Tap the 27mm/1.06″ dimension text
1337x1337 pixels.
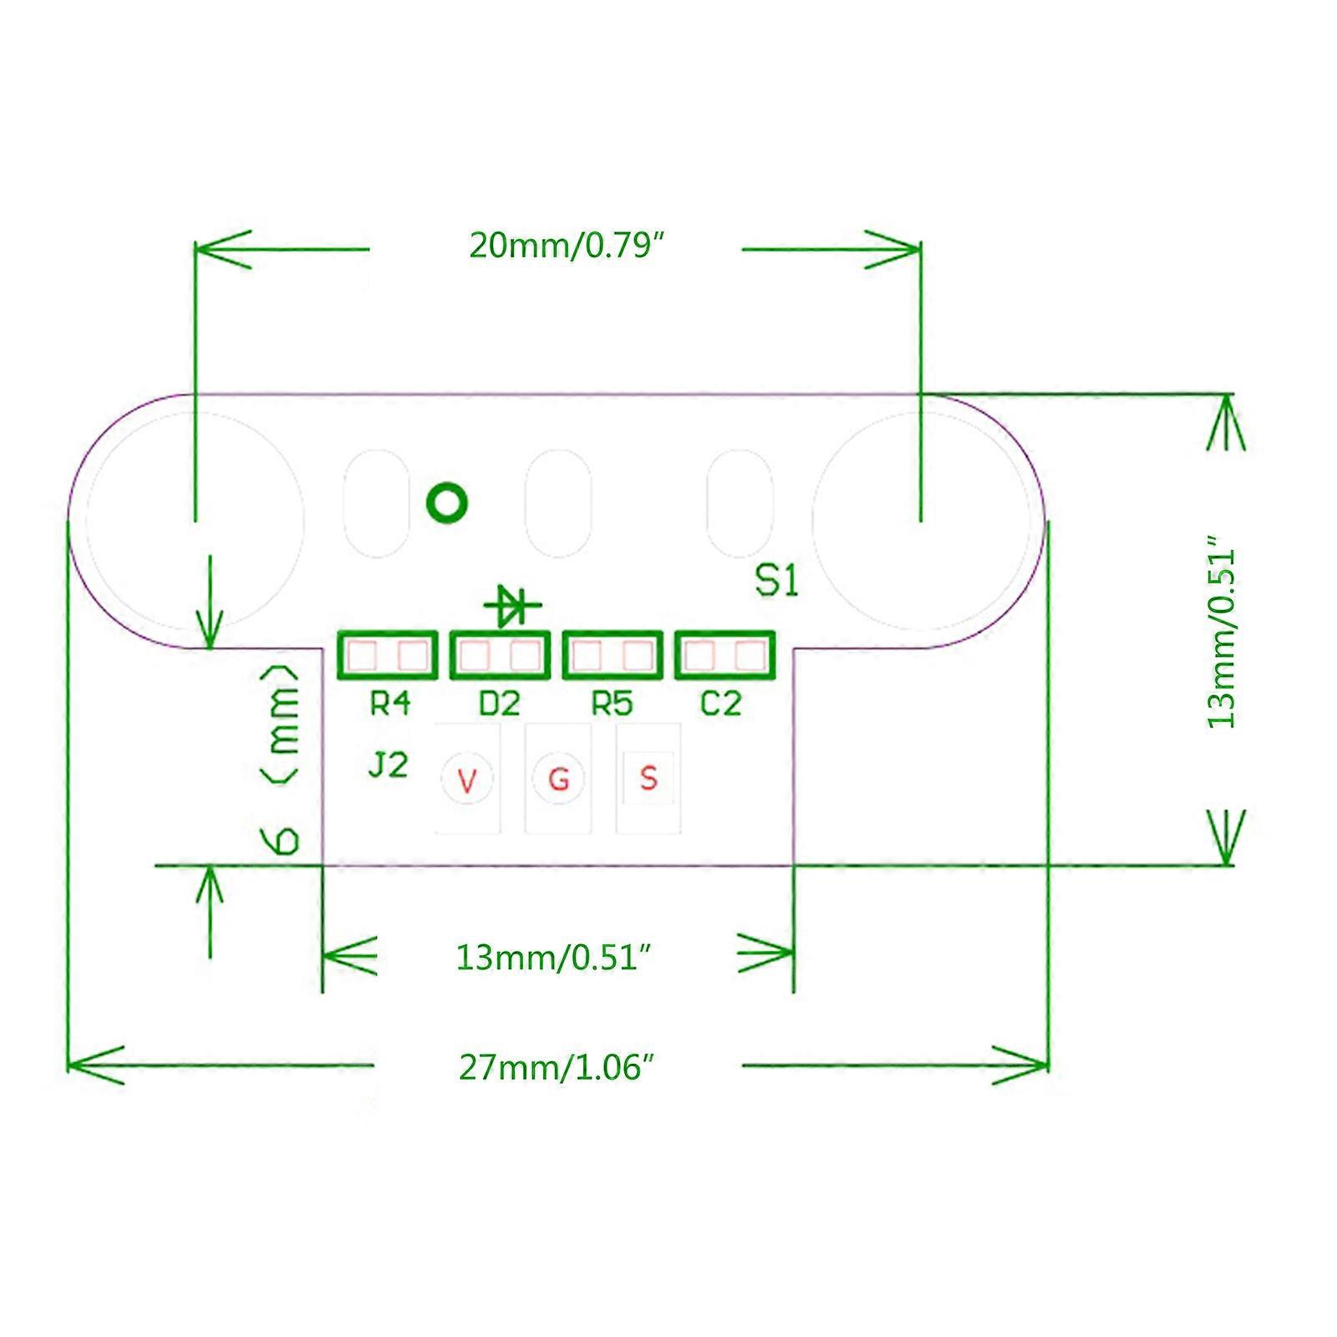(x=556, y=1067)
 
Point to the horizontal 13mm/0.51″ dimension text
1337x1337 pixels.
(x=553, y=957)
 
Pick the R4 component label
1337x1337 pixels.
(x=389, y=704)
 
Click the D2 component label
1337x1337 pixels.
(x=499, y=704)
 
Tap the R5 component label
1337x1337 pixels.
(x=612, y=704)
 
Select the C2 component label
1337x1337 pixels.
(x=720, y=704)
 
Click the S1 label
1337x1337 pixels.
(x=776, y=582)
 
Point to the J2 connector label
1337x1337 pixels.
(x=388, y=765)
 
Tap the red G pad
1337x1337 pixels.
(x=558, y=780)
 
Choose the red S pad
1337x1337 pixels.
(x=648, y=778)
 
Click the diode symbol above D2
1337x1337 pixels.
(x=511, y=605)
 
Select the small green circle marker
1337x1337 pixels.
(x=447, y=503)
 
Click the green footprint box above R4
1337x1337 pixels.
(x=388, y=655)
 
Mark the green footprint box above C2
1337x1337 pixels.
(x=724, y=655)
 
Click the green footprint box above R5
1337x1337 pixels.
(x=613, y=655)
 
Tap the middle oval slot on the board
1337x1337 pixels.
(x=558, y=503)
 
